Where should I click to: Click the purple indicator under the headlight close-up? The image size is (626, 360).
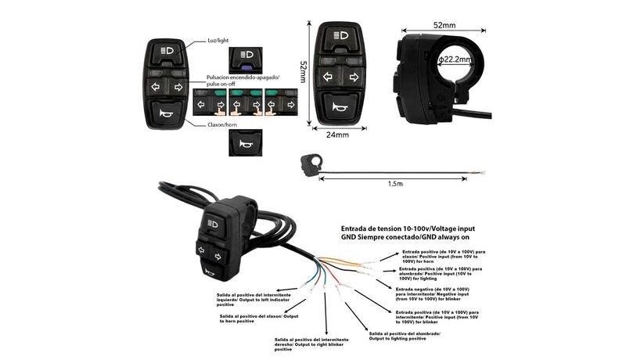(242, 67)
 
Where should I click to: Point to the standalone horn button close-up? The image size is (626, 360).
(242, 143)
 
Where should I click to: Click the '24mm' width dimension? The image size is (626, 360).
(336, 135)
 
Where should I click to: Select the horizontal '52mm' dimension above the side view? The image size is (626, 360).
(444, 25)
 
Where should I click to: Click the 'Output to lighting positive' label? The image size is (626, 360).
(404, 336)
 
